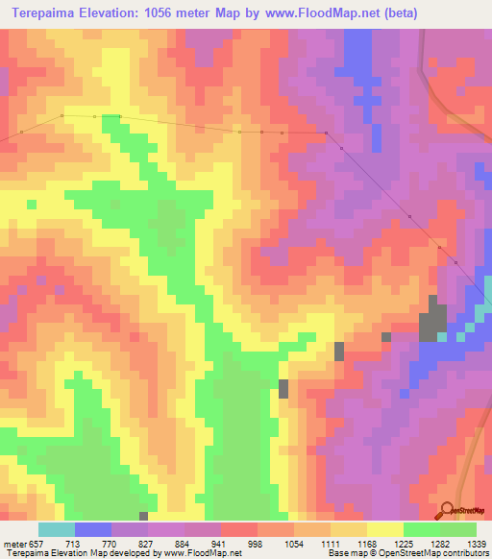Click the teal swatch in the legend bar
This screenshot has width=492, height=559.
tap(56, 529)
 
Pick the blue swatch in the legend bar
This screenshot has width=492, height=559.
tap(92, 529)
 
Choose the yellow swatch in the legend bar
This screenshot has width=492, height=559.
tap(384, 529)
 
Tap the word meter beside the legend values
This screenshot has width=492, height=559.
tap(13, 543)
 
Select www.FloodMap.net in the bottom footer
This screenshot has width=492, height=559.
tap(203, 554)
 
